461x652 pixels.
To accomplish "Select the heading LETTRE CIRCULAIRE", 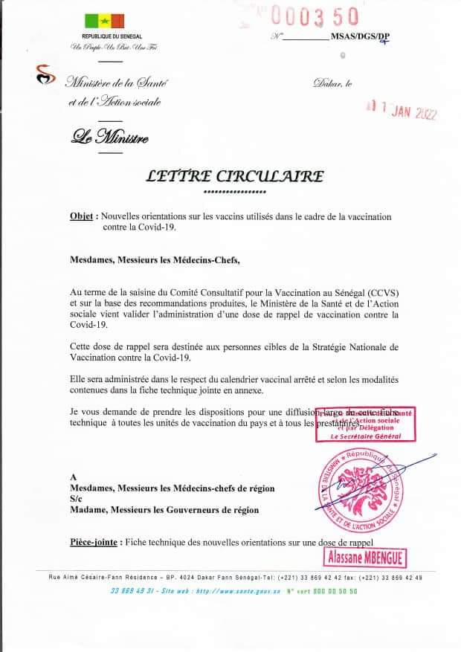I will (234, 176).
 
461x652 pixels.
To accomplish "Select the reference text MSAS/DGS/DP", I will (362, 37).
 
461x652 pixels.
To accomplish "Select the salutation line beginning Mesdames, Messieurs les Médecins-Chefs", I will (155, 261).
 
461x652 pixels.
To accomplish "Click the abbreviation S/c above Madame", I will (73, 499).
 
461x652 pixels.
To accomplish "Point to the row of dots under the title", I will (234, 192).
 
